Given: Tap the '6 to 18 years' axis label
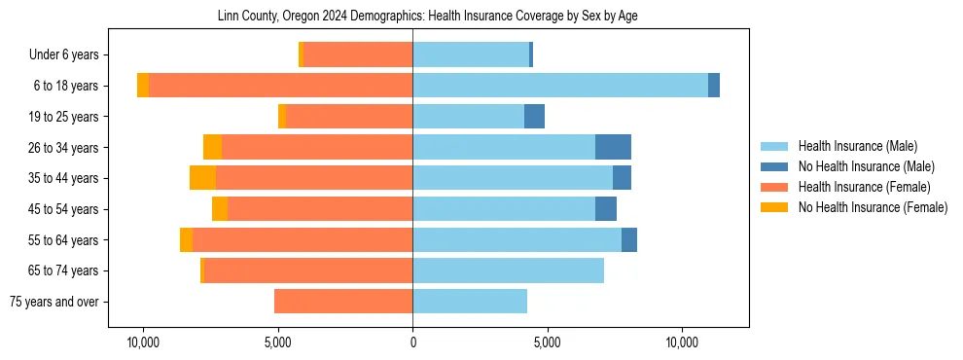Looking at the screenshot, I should [65, 86].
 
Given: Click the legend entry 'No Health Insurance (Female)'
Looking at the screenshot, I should [873, 207].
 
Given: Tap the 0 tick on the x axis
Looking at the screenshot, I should [412, 343].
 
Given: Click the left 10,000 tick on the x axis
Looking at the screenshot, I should [144, 343].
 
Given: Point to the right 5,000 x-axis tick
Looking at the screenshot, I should [547, 343].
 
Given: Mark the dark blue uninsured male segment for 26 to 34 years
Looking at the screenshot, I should [613, 147].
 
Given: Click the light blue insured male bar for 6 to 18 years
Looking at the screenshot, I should [560, 86].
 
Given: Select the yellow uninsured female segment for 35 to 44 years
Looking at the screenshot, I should [202, 178].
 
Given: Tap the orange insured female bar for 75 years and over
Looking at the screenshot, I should [343, 302].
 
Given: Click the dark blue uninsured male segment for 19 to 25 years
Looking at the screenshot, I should [534, 117].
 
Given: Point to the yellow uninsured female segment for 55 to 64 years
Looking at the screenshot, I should [186, 239].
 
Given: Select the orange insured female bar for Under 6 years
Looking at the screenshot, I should [358, 54].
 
